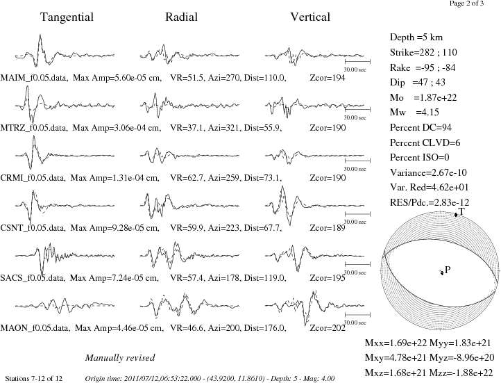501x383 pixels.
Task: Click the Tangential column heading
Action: click(x=67, y=17)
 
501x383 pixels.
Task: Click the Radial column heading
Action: click(x=181, y=17)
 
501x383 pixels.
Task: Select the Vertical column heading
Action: click(x=310, y=17)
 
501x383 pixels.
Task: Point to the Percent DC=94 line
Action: click(x=421, y=128)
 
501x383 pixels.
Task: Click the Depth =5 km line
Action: click(x=416, y=38)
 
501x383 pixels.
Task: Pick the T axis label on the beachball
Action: click(x=461, y=211)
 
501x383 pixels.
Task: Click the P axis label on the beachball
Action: click(x=448, y=270)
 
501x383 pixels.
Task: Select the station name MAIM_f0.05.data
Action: click(x=34, y=78)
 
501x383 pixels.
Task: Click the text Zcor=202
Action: click(x=328, y=328)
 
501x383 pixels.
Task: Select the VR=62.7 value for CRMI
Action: click(x=187, y=177)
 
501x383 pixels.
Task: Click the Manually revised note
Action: click(x=120, y=358)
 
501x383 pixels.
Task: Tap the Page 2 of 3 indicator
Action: click(x=466, y=3)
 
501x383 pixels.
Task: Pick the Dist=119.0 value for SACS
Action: click(x=265, y=278)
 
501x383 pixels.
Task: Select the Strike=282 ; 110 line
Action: click(x=423, y=52)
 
